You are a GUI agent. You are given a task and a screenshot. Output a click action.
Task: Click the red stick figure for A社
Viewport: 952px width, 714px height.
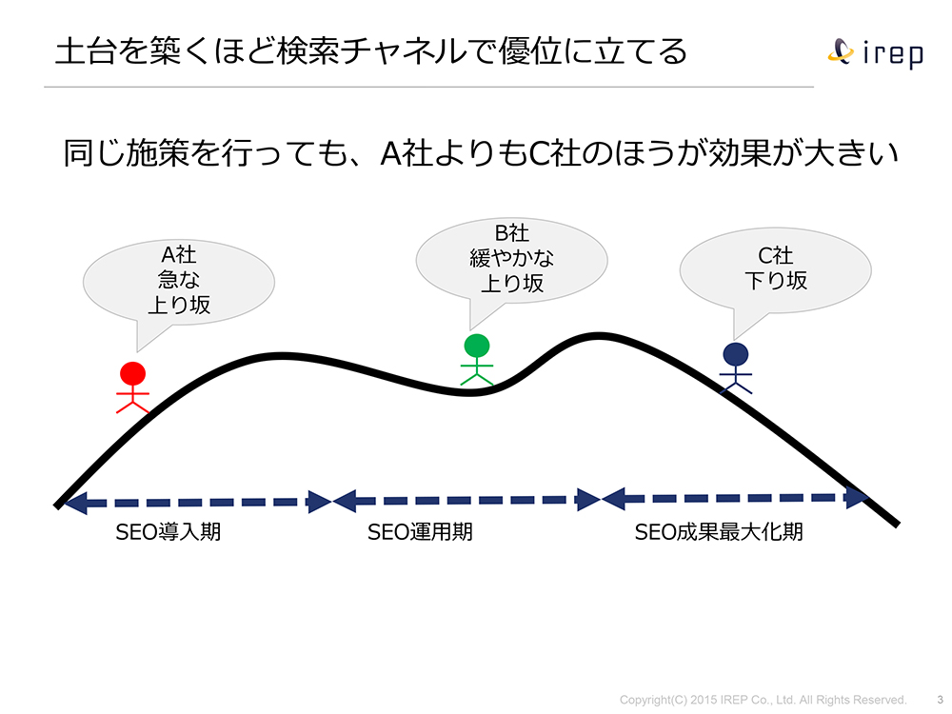tap(133, 387)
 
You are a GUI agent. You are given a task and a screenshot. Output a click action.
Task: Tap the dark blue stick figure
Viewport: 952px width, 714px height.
tap(735, 368)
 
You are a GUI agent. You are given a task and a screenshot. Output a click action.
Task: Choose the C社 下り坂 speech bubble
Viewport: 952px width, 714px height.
tap(775, 268)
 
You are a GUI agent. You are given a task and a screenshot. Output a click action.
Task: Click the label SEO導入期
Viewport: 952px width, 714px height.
tap(169, 532)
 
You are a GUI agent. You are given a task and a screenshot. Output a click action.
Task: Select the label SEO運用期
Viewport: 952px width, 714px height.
tap(420, 532)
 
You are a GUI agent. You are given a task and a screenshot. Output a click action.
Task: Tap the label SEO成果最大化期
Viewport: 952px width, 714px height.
tap(719, 532)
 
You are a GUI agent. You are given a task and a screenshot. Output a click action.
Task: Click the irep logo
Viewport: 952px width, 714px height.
tap(877, 52)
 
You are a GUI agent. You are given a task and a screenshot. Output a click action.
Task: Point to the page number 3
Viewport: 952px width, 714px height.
tap(940, 700)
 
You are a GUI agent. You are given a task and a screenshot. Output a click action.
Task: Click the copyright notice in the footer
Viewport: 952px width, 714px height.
tap(763, 700)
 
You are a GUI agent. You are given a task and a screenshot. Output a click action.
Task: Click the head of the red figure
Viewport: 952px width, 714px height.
tap(133, 372)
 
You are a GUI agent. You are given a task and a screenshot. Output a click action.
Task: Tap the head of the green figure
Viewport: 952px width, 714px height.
tap(477, 345)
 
